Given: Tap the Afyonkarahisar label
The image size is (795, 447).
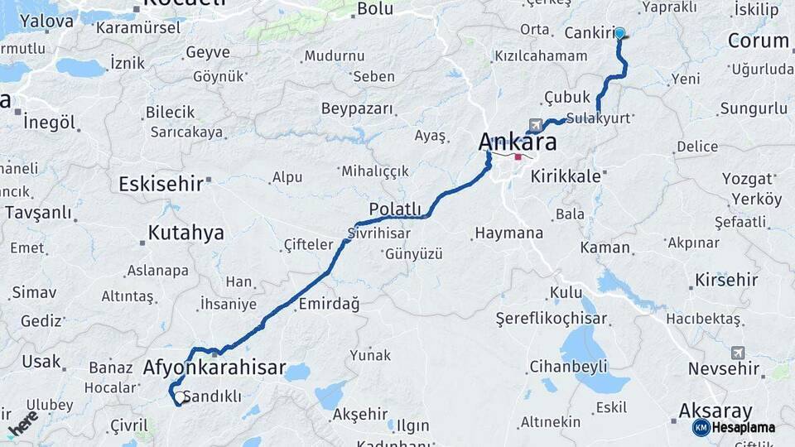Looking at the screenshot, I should coord(214,368).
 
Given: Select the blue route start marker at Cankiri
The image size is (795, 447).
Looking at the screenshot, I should coord(619,34).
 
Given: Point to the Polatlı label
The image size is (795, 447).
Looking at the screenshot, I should coord(395,209).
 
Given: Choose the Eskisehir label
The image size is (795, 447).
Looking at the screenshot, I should coord(161,184).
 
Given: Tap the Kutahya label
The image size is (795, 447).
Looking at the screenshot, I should coord(185,233).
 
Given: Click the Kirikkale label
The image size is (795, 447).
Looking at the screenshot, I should coord(564,176).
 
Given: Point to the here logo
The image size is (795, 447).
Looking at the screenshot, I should coord(22,422).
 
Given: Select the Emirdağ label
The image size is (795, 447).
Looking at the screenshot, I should coord(329,304).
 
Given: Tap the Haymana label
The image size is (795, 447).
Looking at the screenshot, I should coord(508,233).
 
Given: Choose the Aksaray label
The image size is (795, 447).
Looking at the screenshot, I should coord(715,411).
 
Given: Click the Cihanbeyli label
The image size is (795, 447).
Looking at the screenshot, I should coord(569,365).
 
